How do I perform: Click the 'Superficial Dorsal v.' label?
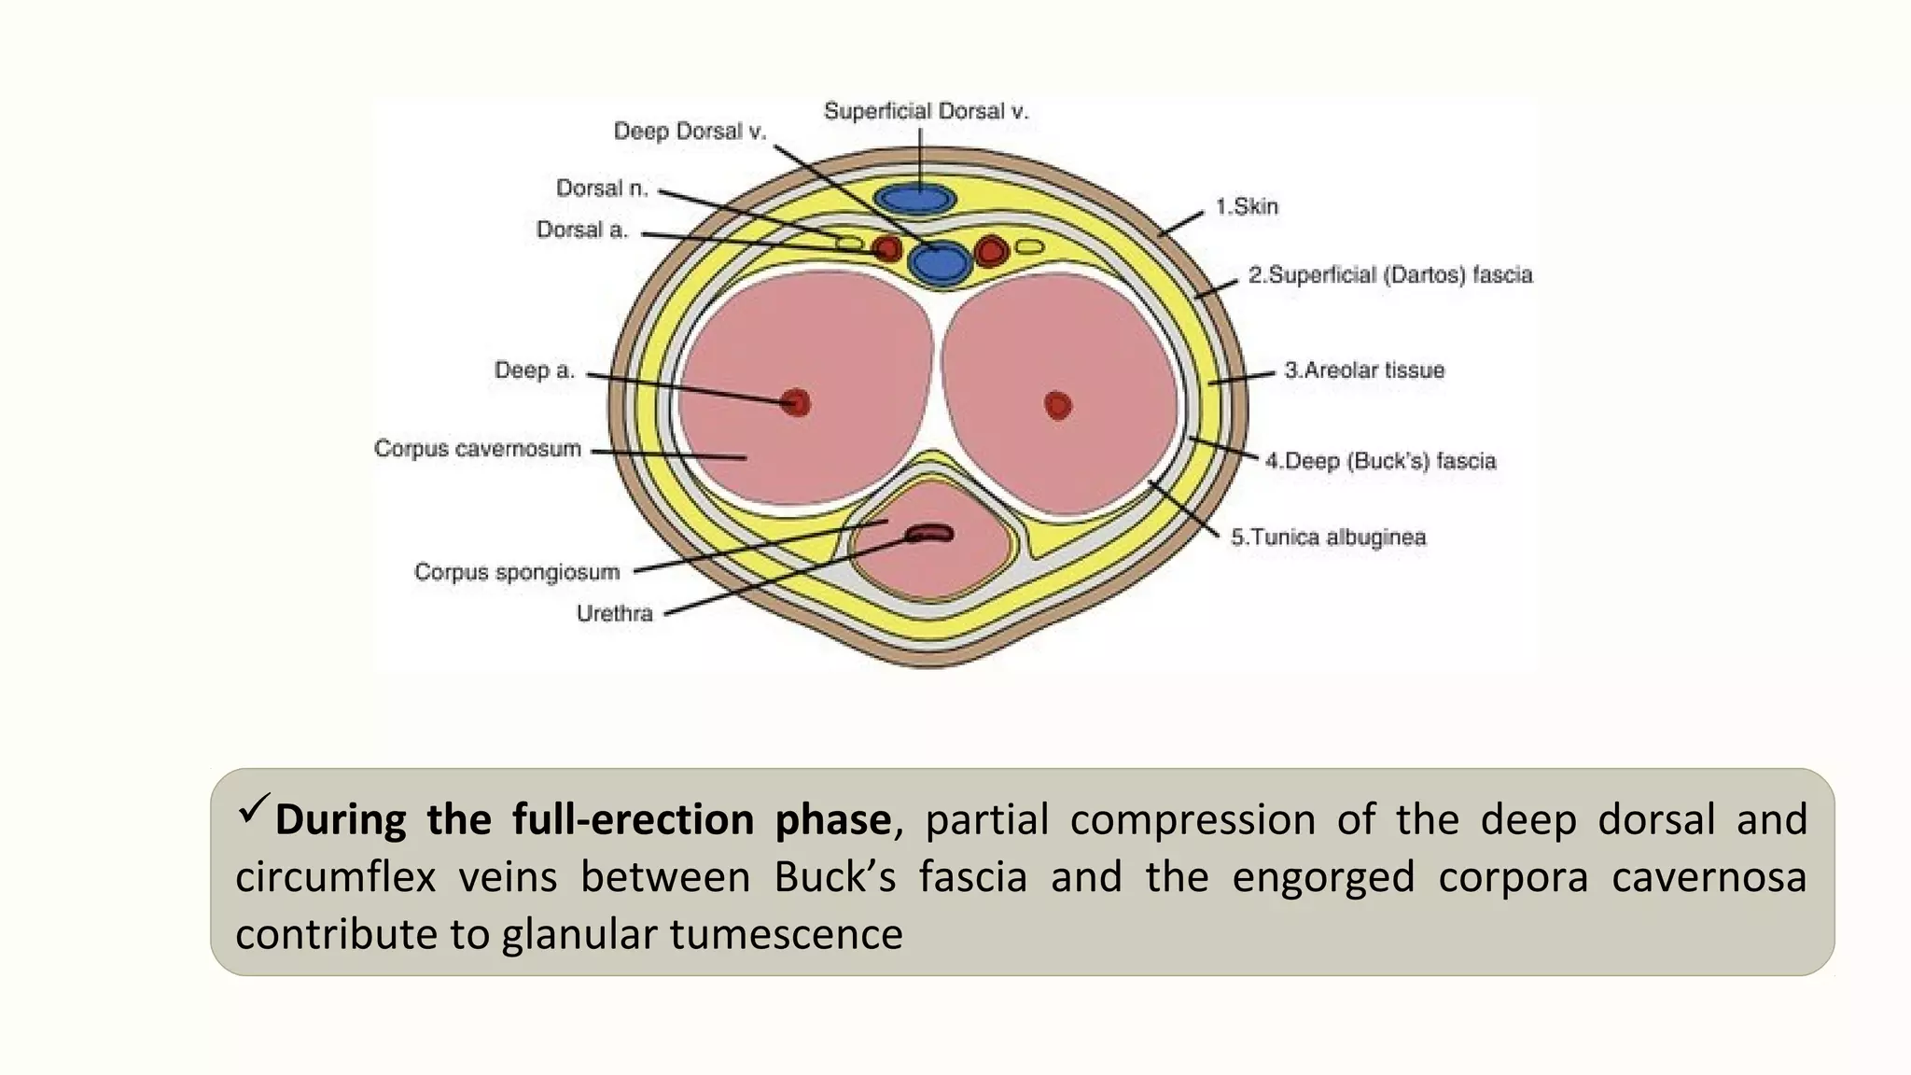[926, 112]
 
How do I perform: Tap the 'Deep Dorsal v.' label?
[690, 132]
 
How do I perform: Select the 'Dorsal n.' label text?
[602, 188]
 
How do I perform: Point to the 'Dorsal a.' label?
[582, 230]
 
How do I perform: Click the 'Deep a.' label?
[534, 370]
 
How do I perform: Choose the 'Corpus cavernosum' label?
[478, 449]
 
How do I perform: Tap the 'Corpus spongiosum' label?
[517, 571]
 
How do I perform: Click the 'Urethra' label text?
[614, 613]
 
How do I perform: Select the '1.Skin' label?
[1247, 206]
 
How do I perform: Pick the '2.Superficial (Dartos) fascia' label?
[1390, 275]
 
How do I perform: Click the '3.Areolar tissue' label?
[1363, 370]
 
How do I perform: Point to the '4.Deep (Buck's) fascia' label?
[1380, 461]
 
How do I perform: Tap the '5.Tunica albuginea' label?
[1328, 537]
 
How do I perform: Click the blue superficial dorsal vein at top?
[915, 199]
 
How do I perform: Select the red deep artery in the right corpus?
[1057, 405]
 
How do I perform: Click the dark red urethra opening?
[930, 534]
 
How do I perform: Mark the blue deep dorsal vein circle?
[941, 261]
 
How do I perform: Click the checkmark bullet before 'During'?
[253, 808]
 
